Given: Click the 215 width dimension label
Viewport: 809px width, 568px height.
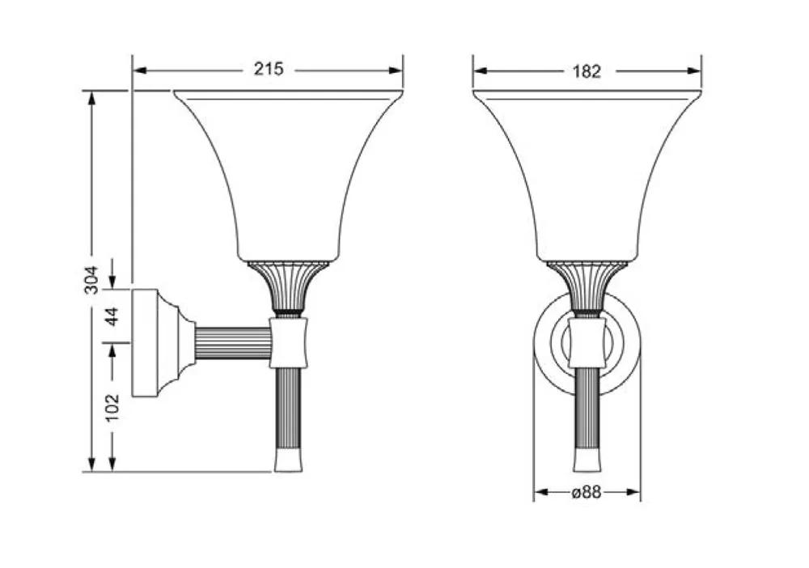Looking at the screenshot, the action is click(269, 69).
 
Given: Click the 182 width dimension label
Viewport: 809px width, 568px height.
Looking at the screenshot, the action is click(587, 71).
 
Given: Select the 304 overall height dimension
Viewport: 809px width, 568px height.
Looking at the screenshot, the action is click(91, 280).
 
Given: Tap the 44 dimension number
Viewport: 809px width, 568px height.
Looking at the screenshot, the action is click(112, 316).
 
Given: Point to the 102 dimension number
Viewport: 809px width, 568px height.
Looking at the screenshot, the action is click(112, 408).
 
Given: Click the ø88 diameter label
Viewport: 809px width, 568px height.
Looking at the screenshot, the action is click(587, 492).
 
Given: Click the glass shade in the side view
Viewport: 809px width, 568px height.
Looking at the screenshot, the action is click(288, 176).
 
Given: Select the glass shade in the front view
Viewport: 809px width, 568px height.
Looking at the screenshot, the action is click(587, 176).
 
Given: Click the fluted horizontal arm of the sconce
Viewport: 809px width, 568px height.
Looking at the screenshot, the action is click(233, 342).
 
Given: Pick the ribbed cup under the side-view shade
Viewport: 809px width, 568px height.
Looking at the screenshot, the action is click(288, 287).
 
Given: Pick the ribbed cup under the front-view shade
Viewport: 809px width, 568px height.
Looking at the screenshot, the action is click(587, 287).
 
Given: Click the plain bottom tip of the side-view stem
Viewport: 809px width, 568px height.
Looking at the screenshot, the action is click(289, 461).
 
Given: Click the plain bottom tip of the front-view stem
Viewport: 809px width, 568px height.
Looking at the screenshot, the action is click(587, 461).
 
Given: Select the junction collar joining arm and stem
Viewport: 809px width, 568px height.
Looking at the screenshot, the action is click(289, 343).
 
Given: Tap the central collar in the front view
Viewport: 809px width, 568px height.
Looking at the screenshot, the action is click(587, 343).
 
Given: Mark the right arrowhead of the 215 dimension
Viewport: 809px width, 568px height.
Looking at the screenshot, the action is click(396, 70).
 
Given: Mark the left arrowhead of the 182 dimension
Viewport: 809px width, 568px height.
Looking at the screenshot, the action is click(481, 70).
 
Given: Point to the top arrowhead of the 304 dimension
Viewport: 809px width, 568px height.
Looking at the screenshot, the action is click(92, 99).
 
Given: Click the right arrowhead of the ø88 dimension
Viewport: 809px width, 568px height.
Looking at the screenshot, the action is click(633, 492).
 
